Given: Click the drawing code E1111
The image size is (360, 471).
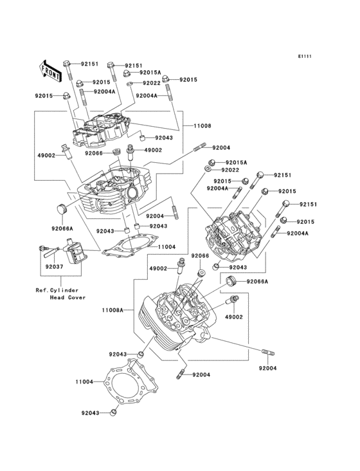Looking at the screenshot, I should pyautogui.click(x=304, y=57).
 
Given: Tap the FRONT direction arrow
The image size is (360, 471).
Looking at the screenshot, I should pyautogui.click(x=51, y=69).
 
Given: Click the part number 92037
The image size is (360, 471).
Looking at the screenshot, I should pyautogui.click(x=54, y=266).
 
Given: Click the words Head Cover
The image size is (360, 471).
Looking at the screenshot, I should pyautogui.click(x=67, y=297).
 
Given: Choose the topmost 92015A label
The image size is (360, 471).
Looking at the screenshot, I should pyautogui.click(x=150, y=73).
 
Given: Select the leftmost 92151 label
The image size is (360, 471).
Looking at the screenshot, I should pyautogui.click(x=89, y=64).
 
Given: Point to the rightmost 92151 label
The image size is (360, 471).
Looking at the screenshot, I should pyautogui.click(x=308, y=204).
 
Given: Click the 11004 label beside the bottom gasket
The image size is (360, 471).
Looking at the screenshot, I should pyautogui.click(x=85, y=382).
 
